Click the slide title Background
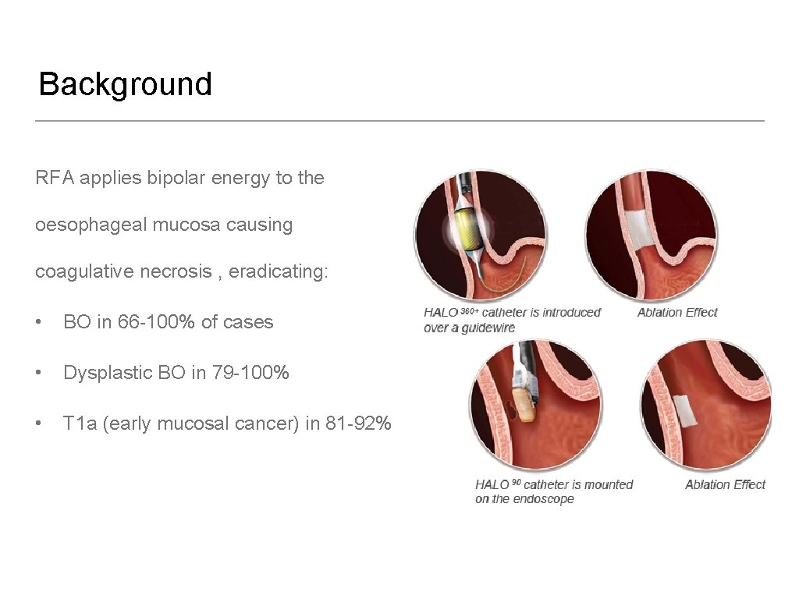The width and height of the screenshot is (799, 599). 125,84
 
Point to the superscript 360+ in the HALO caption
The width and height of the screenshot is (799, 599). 470,310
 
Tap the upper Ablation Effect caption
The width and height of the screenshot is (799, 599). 676,313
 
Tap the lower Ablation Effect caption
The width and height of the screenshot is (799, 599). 725,484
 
